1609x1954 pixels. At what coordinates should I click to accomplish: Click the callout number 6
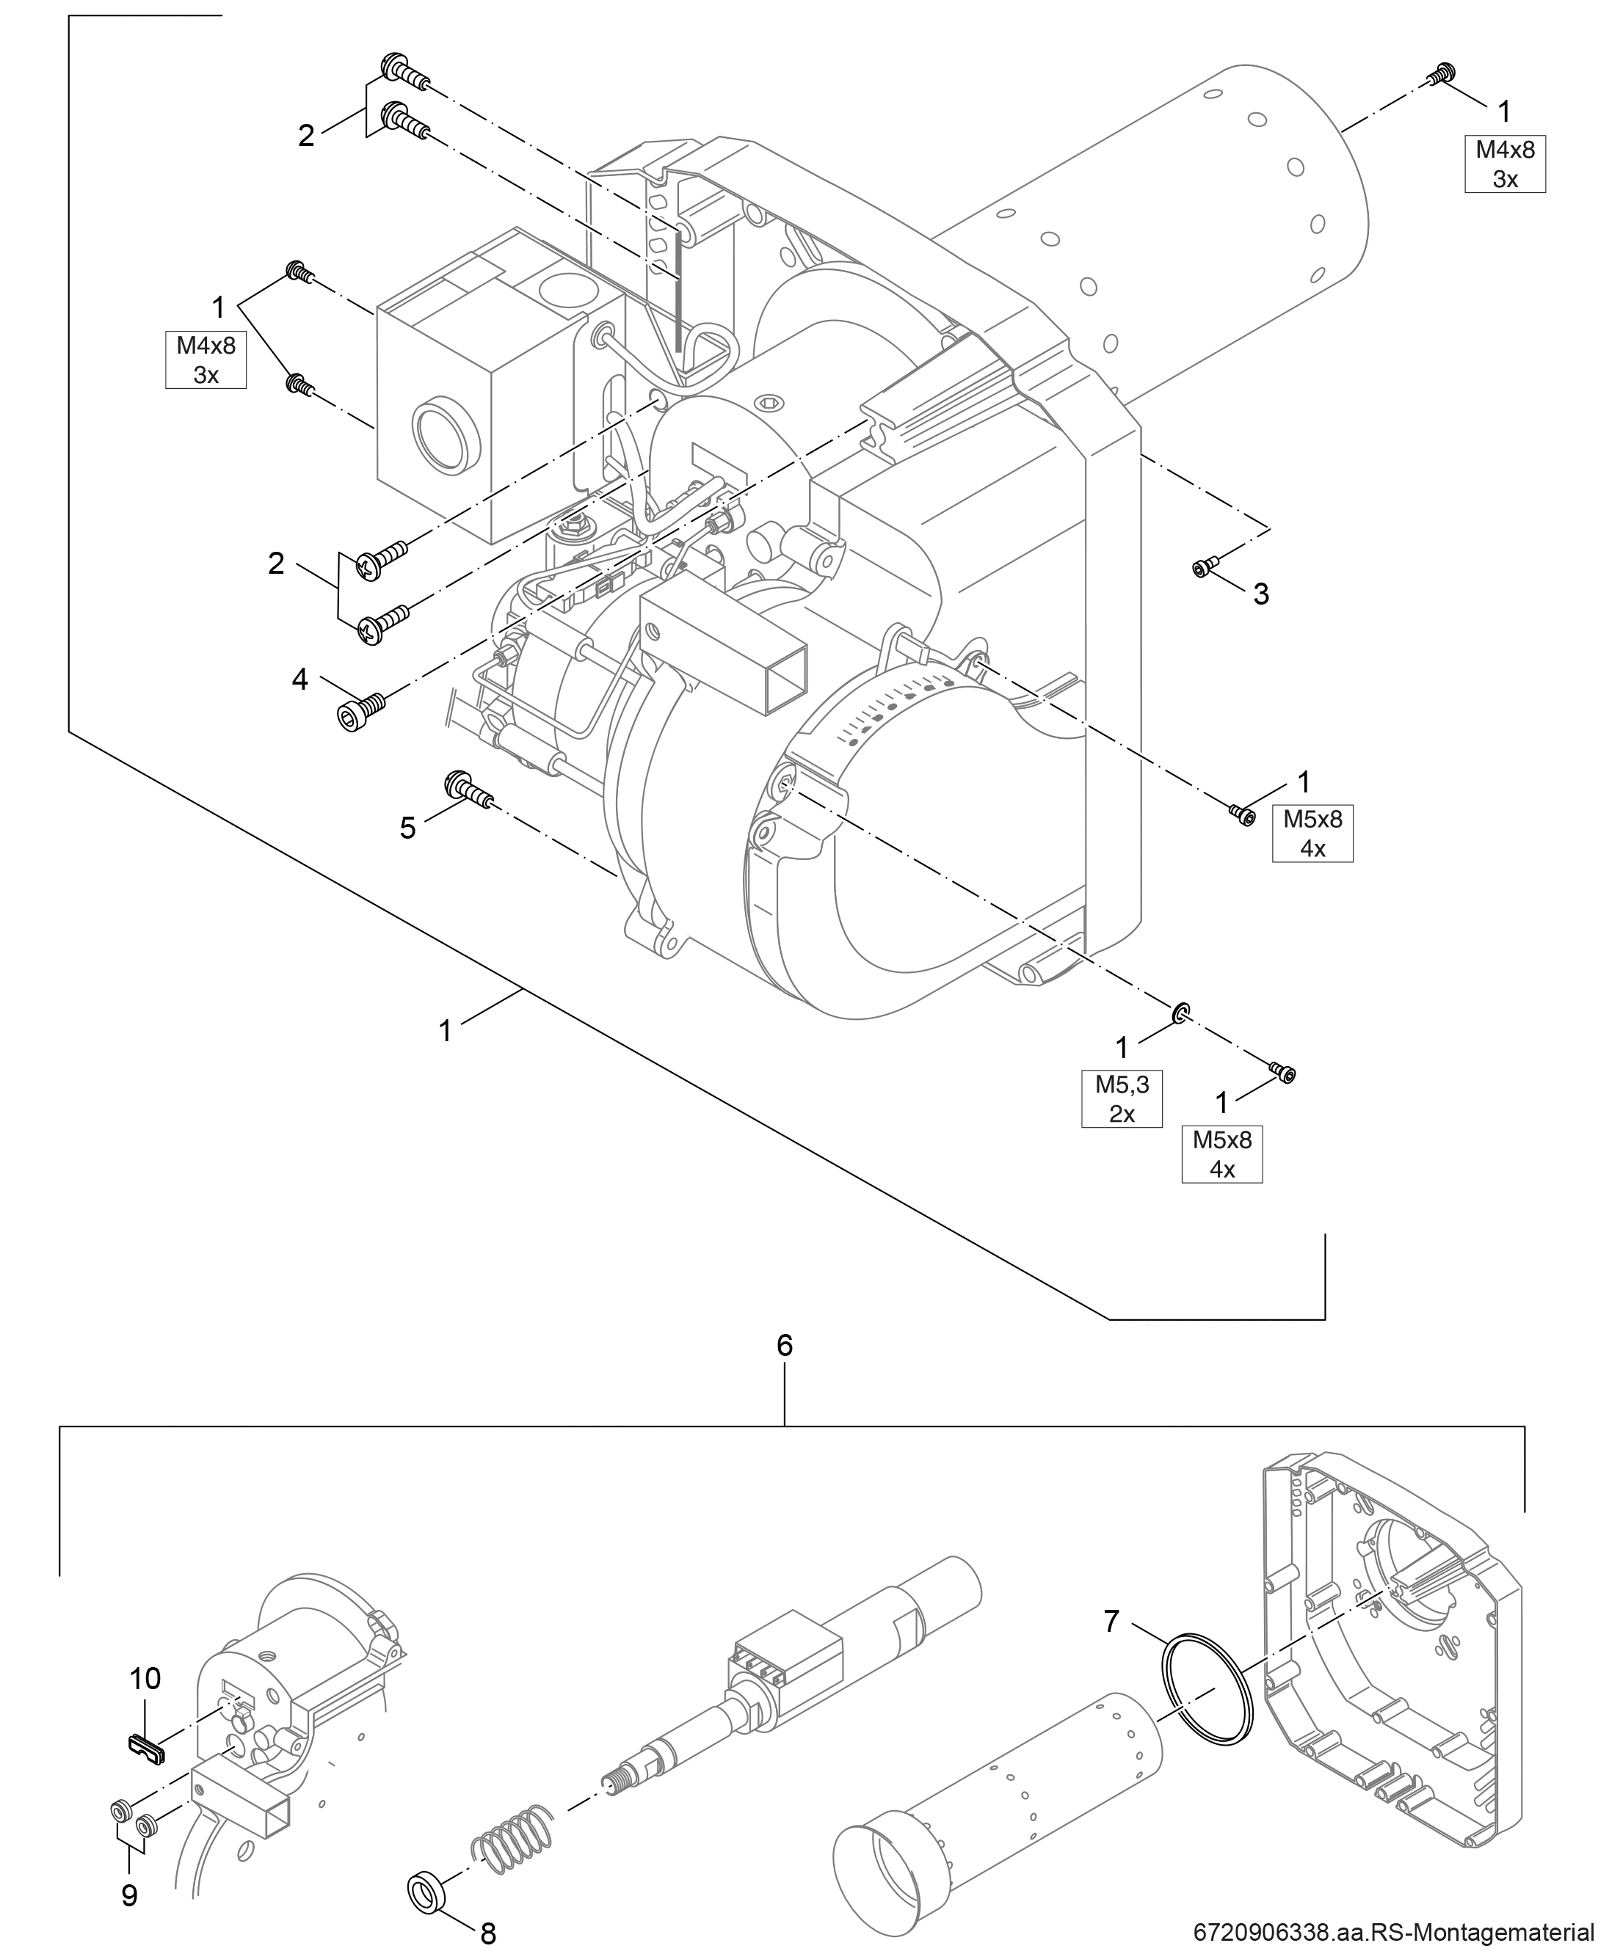tap(784, 1345)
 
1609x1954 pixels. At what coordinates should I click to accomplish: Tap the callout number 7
tap(1112, 1622)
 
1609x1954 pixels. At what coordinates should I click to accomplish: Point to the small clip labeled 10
tap(145, 1747)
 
